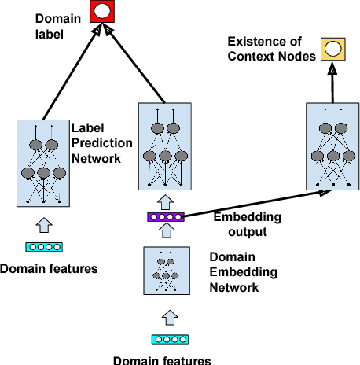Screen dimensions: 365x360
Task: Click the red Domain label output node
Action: pyautogui.click(x=101, y=12)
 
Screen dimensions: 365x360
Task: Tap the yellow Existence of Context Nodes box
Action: pyautogui.click(x=332, y=50)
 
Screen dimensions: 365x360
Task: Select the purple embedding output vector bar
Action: pyautogui.click(x=166, y=216)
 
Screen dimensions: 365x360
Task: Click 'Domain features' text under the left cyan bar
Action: pyautogui.click(x=48, y=269)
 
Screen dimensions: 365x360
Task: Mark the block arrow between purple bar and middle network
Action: pyautogui.click(x=165, y=201)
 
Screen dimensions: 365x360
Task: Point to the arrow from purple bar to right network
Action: pyautogui.click(x=252, y=205)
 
